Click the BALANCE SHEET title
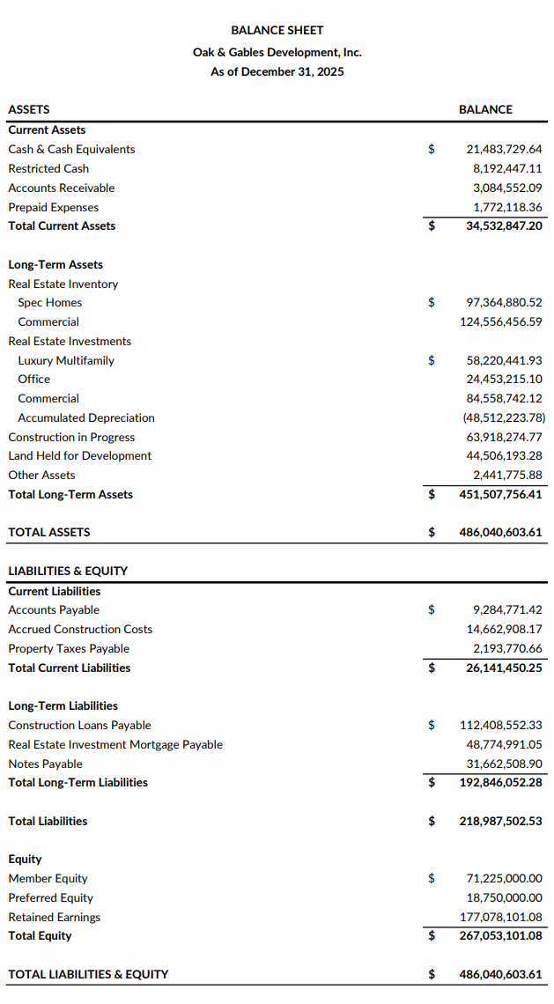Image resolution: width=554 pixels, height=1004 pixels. coord(277,30)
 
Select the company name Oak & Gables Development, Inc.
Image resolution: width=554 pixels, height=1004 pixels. coord(277,52)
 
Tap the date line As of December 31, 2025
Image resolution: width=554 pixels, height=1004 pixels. coord(277,71)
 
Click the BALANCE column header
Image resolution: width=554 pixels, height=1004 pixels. coord(485,109)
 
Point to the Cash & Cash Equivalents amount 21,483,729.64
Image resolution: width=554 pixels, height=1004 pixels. coord(504,150)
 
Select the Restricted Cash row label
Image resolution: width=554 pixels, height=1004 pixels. coord(48,168)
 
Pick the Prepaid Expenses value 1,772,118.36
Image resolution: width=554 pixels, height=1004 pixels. coord(507,208)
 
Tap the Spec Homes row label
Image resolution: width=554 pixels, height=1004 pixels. coord(50,303)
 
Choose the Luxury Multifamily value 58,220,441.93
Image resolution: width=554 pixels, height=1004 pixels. coord(504,361)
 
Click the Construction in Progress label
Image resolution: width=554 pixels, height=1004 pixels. coord(71,438)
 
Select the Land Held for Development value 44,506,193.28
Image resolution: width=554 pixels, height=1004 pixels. coord(504,456)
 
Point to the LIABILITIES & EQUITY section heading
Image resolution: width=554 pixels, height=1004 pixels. coord(68,572)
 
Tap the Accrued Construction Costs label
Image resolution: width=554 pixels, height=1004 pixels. coord(80,630)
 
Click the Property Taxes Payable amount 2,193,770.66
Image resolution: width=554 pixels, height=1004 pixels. coord(507,649)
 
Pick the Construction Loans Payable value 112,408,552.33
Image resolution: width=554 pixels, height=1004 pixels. coord(501,726)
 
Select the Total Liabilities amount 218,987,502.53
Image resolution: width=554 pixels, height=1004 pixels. coord(501,822)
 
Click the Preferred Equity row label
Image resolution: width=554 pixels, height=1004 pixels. coord(50,898)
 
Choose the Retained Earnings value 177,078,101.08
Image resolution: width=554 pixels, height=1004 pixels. coord(501,918)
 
